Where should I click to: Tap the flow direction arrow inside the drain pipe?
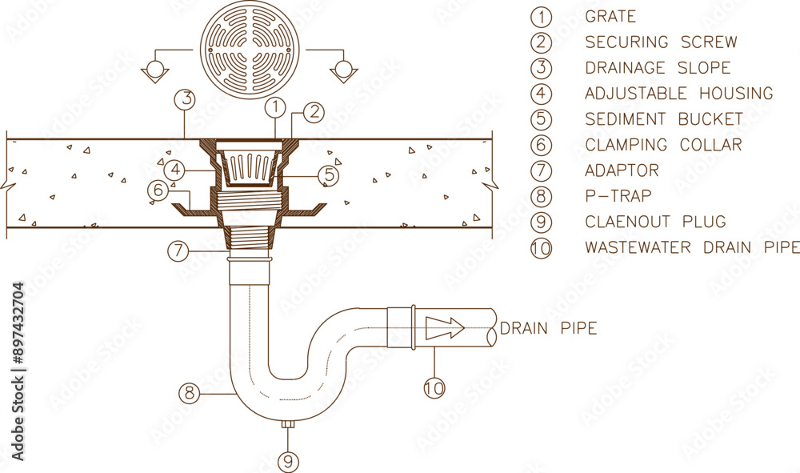445,327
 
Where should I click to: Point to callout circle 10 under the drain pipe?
434,387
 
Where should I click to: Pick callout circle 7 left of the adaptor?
178,251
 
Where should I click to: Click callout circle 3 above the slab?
186,99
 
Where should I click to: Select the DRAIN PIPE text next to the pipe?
548,328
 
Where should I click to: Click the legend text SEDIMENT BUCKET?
664,119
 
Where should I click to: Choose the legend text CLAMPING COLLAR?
663,145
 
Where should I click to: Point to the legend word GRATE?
610,16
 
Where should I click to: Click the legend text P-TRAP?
618,196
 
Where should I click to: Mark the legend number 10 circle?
542,248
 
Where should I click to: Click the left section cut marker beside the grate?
154,71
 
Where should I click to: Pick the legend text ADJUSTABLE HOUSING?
678,94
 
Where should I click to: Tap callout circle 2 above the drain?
314,112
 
